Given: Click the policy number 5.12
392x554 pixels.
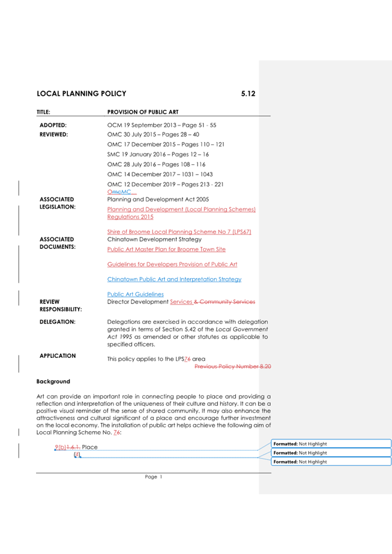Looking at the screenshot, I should [248, 94].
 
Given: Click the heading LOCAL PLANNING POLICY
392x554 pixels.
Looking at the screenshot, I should [81, 94].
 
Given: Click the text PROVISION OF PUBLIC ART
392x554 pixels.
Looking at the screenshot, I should [142, 112].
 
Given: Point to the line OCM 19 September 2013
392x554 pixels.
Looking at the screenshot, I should [161, 125].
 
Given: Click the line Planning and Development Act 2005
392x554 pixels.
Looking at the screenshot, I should [158, 199].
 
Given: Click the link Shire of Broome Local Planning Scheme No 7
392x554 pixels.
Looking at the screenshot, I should [179, 231].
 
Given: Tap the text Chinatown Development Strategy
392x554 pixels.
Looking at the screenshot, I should [155, 239].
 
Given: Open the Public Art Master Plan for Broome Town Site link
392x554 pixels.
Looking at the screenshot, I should [166, 249].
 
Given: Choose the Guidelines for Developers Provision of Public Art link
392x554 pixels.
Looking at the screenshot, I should [172, 264].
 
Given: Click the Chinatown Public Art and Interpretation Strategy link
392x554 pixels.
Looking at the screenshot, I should [174, 279].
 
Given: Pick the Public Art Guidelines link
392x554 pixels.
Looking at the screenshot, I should [135, 294].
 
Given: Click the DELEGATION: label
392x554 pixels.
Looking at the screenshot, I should [57, 322].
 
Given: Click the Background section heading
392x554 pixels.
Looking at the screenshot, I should [53, 381].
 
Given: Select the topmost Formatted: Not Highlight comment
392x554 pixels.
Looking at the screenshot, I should [331, 444].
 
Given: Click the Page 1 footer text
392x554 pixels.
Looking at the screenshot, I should [153, 477].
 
